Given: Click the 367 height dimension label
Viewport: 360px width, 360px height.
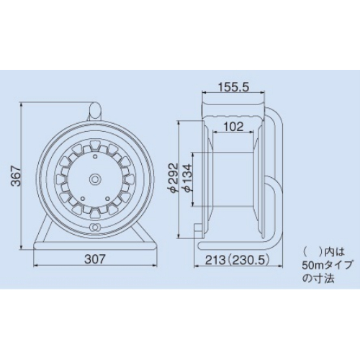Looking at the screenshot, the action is [x=17, y=176].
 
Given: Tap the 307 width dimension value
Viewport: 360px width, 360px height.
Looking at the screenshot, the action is [x=95, y=259].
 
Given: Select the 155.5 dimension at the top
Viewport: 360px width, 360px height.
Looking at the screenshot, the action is [x=234, y=87].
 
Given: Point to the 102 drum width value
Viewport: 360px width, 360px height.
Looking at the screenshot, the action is [x=233, y=127].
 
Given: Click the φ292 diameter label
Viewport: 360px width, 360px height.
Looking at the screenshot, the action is [x=174, y=177].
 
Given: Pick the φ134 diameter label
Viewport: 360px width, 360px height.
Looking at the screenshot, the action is [x=187, y=177].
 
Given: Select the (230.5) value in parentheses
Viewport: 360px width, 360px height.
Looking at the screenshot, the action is [x=248, y=260].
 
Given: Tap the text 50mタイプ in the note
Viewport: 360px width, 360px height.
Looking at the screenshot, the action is [x=328, y=266].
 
